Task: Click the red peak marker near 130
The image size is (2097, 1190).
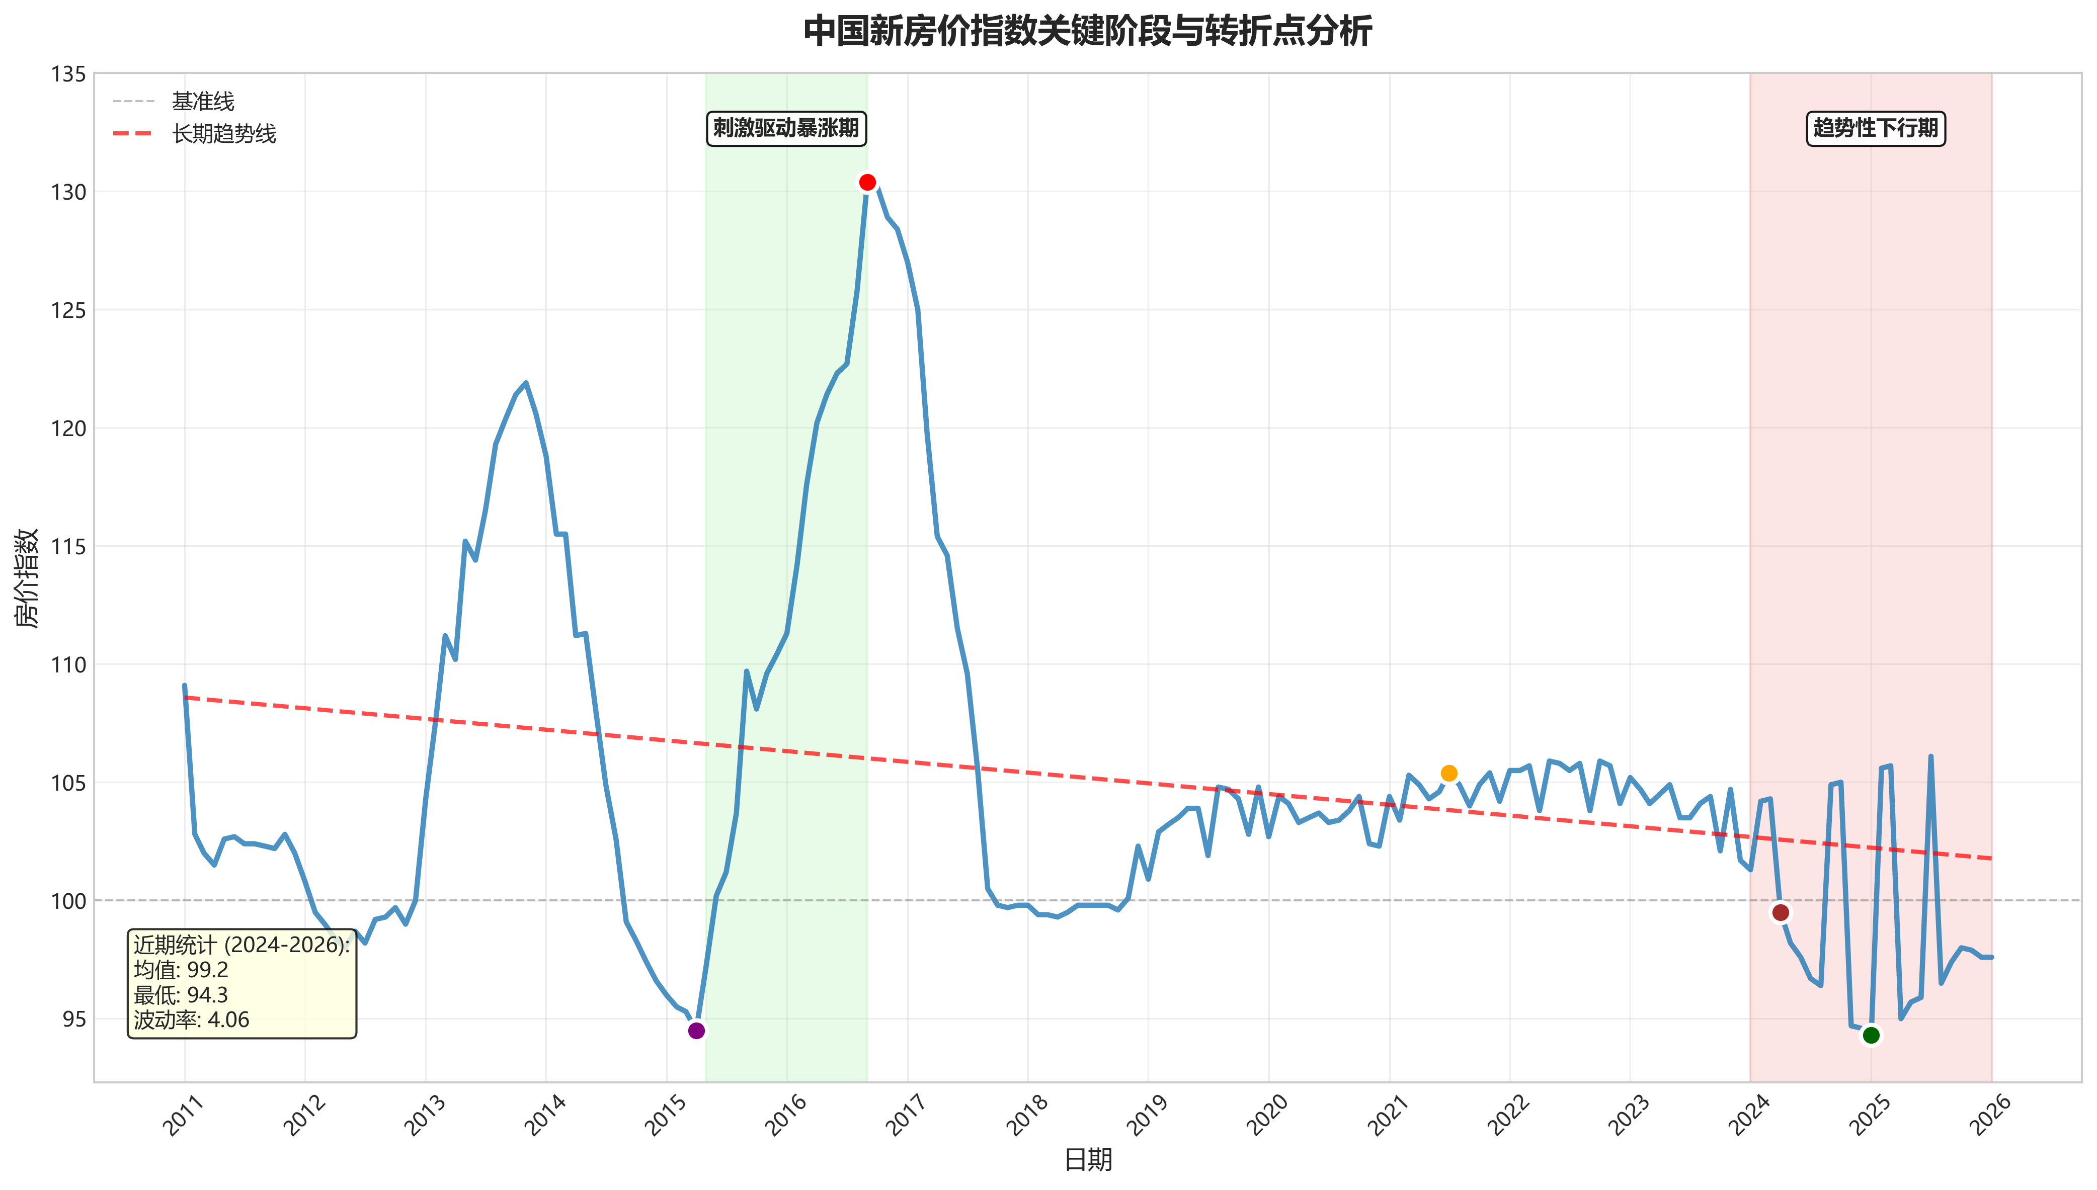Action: coord(867,182)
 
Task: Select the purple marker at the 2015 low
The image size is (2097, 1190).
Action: coord(696,1031)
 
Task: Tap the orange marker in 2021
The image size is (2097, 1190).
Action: coord(1448,773)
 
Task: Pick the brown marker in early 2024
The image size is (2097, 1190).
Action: coord(1781,912)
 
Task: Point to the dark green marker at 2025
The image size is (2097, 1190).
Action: coord(1872,1036)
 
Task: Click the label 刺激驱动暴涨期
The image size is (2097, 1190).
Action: coord(786,128)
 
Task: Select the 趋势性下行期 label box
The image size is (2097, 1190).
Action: coord(1876,128)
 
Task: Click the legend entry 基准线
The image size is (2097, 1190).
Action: coord(203,102)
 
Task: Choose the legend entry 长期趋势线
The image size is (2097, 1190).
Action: coord(224,133)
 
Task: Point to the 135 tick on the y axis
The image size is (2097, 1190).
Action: coord(68,74)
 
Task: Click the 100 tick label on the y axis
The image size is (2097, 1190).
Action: coord(68,901)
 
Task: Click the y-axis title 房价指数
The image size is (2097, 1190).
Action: coord(28,577)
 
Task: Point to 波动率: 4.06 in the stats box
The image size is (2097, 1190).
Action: coord(191,1020)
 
